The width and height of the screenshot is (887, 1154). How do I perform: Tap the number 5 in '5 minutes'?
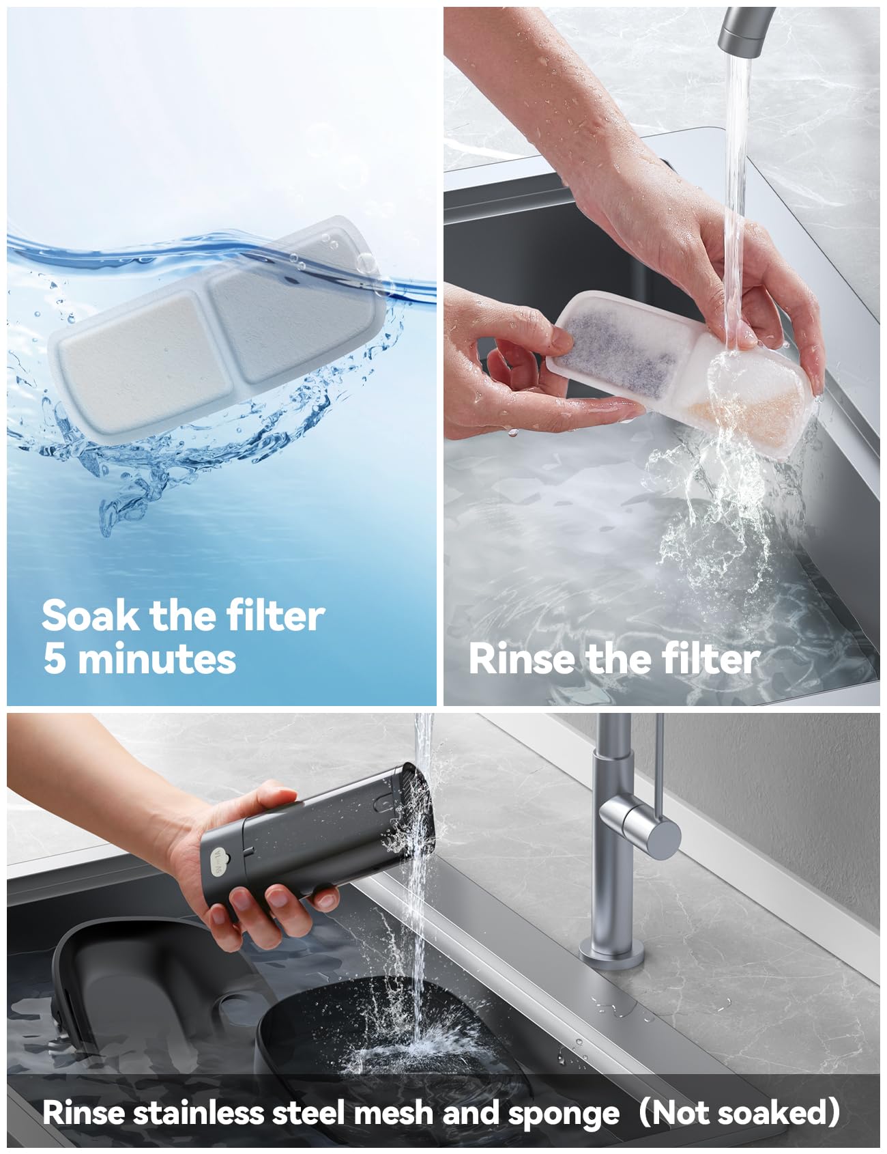54,659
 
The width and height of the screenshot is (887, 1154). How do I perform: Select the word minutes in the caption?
157,659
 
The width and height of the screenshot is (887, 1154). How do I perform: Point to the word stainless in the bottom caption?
198,1114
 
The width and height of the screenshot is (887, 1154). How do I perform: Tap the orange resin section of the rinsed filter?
744,403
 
